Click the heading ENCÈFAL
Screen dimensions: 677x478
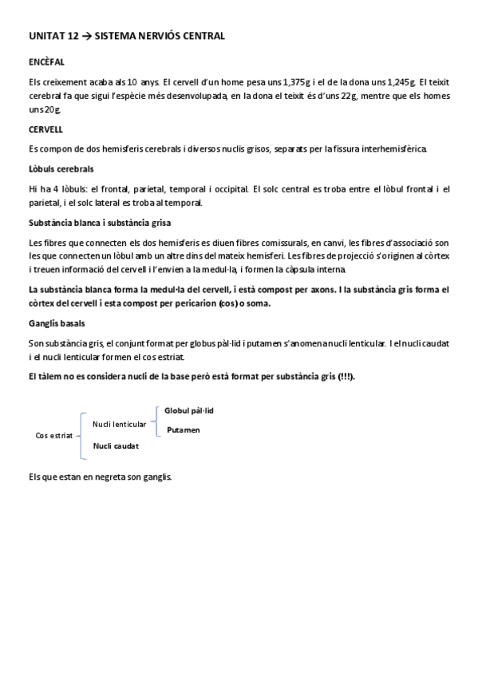click(46, 61)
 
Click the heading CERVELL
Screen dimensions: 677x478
click(46, 129)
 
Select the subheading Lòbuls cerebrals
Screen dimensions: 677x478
click(61, 169)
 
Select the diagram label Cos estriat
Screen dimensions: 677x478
click(54, 435)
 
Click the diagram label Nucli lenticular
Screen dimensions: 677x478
click(120, 424)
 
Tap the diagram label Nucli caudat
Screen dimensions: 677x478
click(116, 445)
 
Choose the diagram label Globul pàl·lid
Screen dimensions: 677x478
click(189, 410)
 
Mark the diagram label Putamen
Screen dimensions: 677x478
click(184, 430)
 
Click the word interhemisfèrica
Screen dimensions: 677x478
click(390, 149)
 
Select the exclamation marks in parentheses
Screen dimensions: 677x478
click(346, 376)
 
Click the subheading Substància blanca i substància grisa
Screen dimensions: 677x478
click(99, 223)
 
